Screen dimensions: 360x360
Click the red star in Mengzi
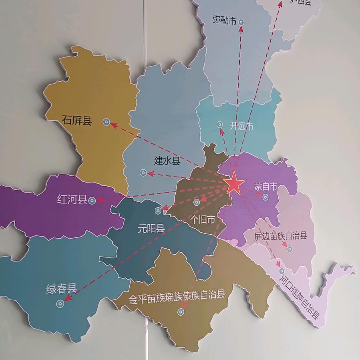click(234, 185)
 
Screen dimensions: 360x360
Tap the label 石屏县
click(77, 120)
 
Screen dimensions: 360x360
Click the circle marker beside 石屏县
click(106, 122)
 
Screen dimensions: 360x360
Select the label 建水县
click(167, 161)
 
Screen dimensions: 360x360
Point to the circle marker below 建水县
click(143, 173)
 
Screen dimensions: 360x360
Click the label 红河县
click(72, 199)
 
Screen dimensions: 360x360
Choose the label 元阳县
click(151, 229)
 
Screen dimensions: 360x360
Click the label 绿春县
click(61, 289)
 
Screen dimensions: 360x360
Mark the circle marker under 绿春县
click(60, 304)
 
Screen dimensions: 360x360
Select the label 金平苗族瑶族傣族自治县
click(177, 296)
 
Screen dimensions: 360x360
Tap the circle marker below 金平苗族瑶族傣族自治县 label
click(181, 311)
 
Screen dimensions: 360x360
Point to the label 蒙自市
click(265, 187)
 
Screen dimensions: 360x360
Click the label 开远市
click(241, 126)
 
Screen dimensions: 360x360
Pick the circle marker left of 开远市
click(220, 125)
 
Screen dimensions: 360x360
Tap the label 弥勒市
click(225, 20)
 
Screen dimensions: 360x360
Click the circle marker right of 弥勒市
click(241, 22)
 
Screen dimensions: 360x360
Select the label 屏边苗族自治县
click(280, 235)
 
